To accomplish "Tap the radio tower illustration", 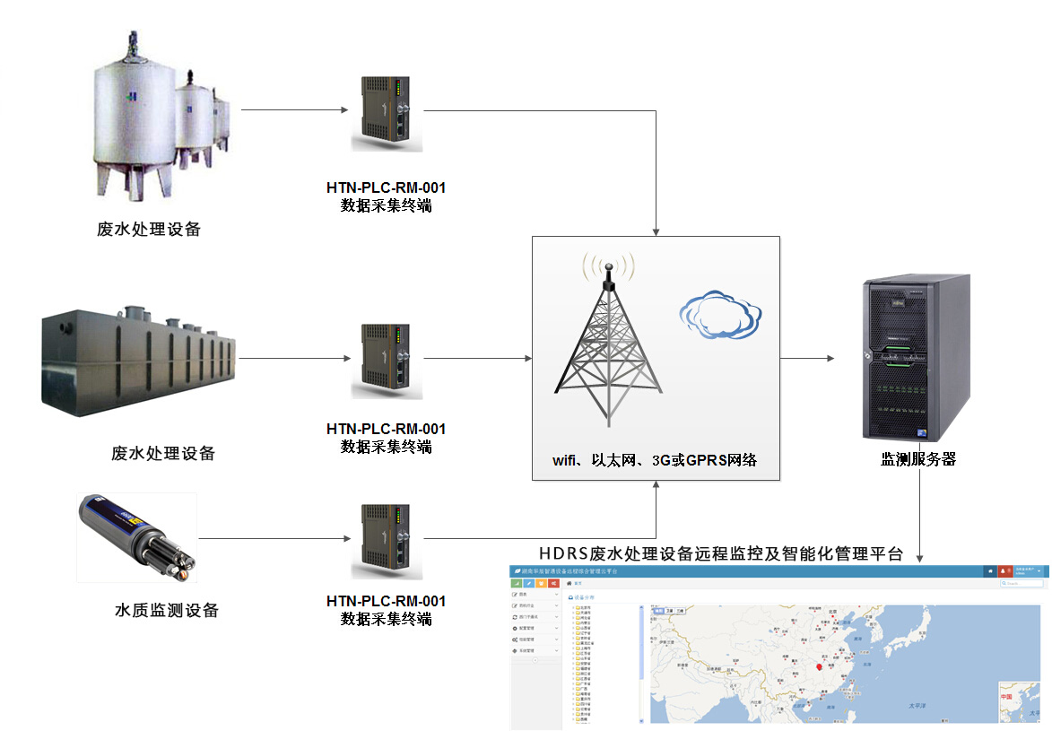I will point(608,345).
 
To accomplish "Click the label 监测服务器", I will point(918,459).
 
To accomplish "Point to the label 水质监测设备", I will point(167,611).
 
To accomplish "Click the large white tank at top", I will point(135,112).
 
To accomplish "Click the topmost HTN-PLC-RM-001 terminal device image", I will point(386,113).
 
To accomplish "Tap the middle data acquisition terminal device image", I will point(386,361).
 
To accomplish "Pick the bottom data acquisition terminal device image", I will point(386,542).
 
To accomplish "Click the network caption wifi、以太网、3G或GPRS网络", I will point(655,460).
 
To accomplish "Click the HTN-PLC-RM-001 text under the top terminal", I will point(386,188).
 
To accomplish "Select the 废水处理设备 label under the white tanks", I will point(149,230).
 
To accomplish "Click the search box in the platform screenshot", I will point(1022,583).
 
